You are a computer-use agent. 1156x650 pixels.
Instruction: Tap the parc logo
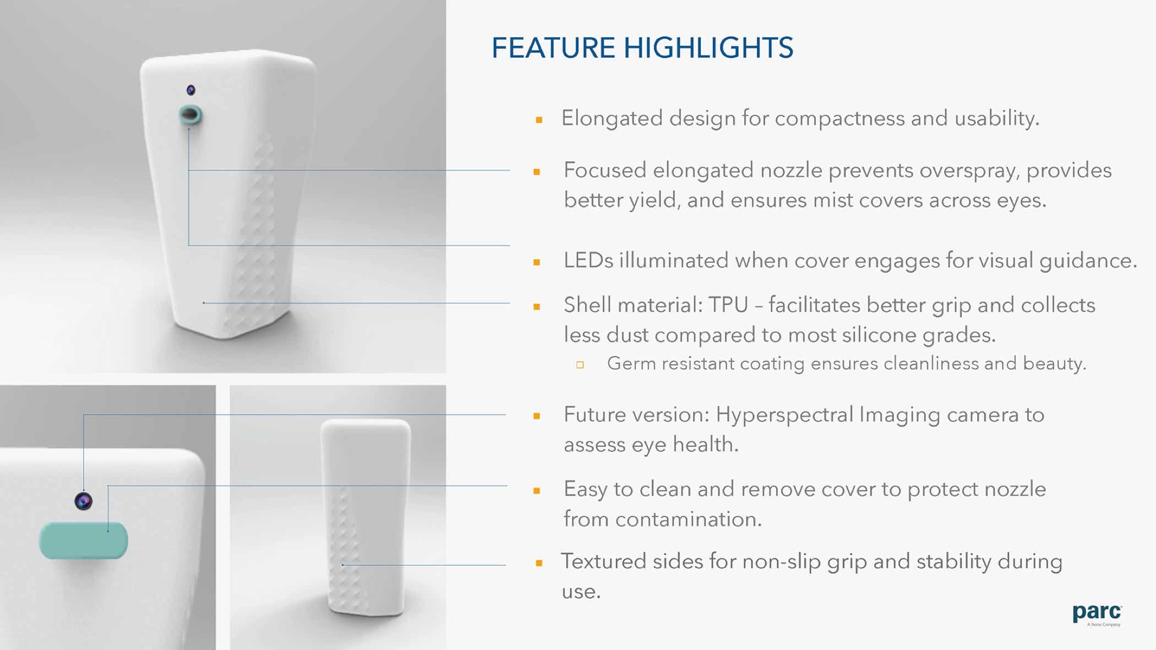pos(1097,614)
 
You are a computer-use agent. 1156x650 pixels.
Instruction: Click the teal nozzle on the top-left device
pos(190,114)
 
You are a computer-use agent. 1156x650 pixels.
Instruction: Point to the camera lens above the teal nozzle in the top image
pos(191,90)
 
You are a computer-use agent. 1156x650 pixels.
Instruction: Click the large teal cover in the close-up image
pos(84,541)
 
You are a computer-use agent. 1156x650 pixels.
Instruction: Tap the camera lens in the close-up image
pos(84,501)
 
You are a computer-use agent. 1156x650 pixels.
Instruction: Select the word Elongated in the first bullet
pos(612,119)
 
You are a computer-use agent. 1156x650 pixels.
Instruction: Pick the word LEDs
pos(588,260)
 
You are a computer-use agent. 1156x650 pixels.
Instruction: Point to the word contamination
pos(688,519)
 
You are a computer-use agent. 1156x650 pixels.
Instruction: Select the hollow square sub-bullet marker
pos(580,365)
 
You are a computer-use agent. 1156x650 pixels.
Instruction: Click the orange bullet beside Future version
pos(537,416)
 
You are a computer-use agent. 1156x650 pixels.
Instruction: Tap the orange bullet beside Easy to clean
pos(537,491)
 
